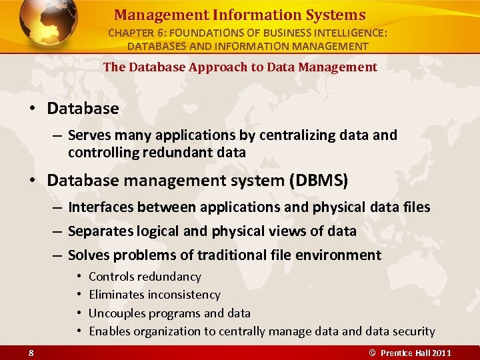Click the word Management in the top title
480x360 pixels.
pyautogui.click(x=151, y=15)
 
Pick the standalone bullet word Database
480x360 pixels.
pyautogui.click(x=83, y=108)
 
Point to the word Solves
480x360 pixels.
pyautogui.click(x=89, y=255)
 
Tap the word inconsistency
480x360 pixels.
pyautogui.click(x=184, y=295)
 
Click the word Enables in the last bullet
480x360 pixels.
pyautogui.click(x=109, y=331)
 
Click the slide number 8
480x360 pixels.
pyautogui.click(x=31, y=352)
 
